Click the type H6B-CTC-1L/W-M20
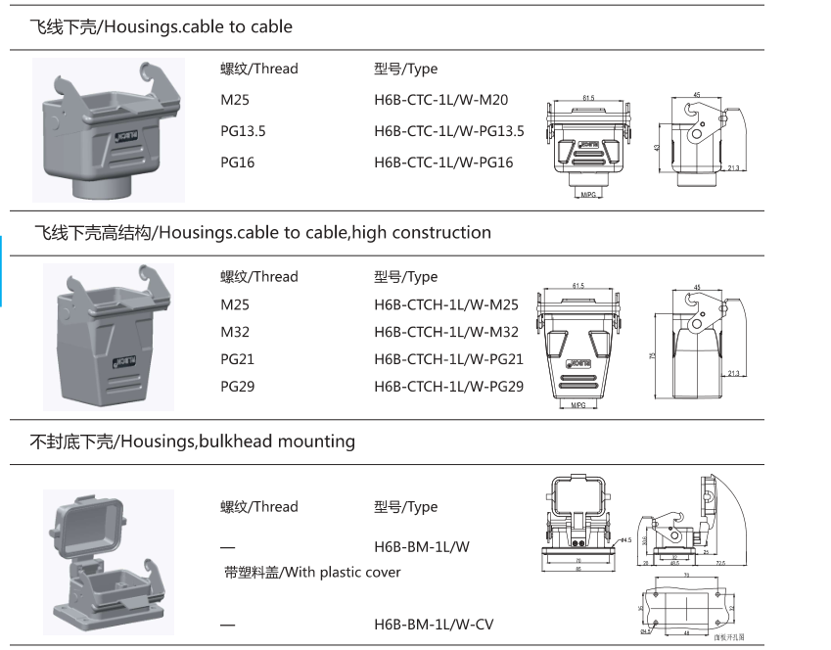[440, 100]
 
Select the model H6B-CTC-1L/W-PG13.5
[449, 131]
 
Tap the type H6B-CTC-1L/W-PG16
[443, 162]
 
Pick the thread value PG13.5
[243, 131]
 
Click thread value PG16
[237, 162]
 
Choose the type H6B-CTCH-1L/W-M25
[446, 304]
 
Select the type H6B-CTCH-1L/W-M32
[446, 332]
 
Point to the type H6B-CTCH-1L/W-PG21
[448, 359]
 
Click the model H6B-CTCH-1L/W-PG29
[448, 387]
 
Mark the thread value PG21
[237, 359]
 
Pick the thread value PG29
[237, 387]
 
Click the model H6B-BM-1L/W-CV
[434, 624]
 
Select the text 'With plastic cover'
[342, 572]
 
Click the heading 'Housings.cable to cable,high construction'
[324, 233]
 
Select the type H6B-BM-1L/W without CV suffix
[421, 546]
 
